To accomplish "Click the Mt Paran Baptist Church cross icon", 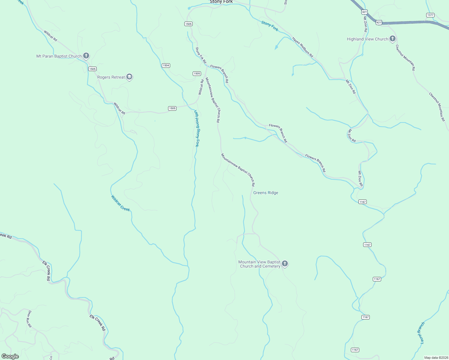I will [x=86, y=56].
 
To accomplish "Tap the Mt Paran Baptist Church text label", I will [x=59, y=56].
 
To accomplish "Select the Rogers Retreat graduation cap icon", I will [x=129, y=77].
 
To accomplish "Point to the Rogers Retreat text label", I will [x=111, y=77].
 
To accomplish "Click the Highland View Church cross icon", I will [x=393, y=39].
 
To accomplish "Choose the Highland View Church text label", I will [x=367, y=39].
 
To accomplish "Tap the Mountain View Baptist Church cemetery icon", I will [x=285, y=264].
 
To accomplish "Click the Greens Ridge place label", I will [x=266, y=193].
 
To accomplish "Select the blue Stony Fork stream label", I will [x=270, y=26].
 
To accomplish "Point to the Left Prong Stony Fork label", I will [x=196, y=128].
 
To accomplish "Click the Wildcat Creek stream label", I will [x=120, y=203].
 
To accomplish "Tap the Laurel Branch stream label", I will [x=421, y=332].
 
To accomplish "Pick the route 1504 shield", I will [x=166, y=65].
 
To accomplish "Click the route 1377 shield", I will [x=430, y=15].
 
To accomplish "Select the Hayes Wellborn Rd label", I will [x=303, y=47].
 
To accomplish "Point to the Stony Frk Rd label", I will [x=201, y=55].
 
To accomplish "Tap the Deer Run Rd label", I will [x=29, y=319].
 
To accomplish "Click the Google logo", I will [x=10, y=356].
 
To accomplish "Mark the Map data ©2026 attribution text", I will [x=436, y=358].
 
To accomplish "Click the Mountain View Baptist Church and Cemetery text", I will [x=260, y=264].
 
